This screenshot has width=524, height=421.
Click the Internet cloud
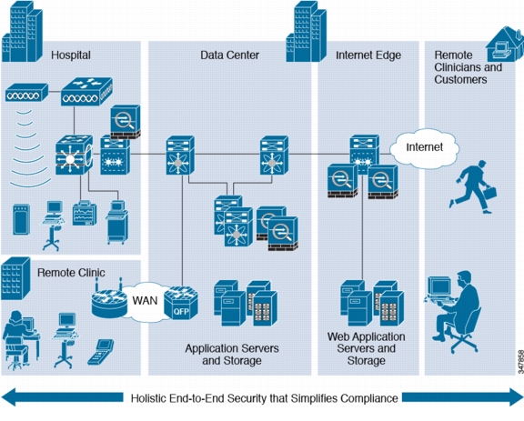point(425,148)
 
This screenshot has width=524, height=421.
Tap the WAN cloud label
point(145,300)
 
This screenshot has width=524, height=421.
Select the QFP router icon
point(181,303)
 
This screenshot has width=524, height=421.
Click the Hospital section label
point(71,55)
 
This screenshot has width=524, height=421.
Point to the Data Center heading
point(229,55)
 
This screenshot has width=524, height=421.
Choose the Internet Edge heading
point(368,55)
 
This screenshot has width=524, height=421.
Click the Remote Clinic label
point(71,272)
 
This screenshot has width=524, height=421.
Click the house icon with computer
point(504,44)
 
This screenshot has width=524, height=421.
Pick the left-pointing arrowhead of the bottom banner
point(8,397)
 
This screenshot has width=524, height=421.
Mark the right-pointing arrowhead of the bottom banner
point(517,397)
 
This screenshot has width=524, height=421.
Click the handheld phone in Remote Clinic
point(101,352)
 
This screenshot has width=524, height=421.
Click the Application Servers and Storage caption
point(232,355)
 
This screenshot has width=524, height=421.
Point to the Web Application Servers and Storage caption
point(367,348)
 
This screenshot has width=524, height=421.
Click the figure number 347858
point(520,362)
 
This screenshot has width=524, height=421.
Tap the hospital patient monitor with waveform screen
point(85,213)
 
